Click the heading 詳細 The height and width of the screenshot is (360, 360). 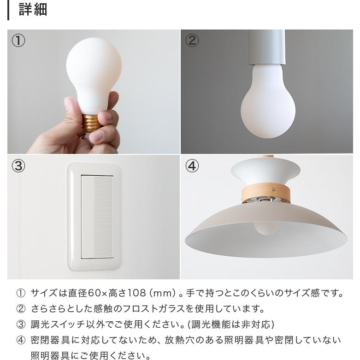click(x=33, y=9)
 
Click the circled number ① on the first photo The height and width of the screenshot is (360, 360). click(x=18, y=41)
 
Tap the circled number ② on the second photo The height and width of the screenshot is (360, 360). click(x=192, y=41)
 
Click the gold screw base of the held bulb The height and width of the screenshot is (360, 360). click(x=92, y=123)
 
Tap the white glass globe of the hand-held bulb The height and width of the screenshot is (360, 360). click(x=94, y=74)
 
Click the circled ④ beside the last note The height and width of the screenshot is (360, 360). click(x=21, y=340)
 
